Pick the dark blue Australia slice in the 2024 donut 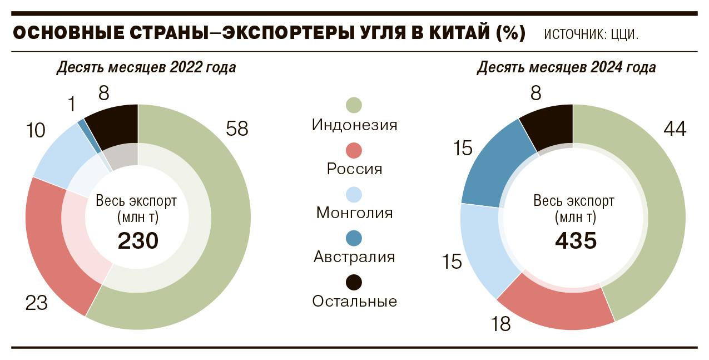pos(489,161)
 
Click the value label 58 pos(237,129)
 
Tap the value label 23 pos(37,303)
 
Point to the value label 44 pos(675,129)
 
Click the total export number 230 pos(138,241)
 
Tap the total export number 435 pos(576,241)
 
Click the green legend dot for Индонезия pos(354,105)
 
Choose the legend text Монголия pos(354,213)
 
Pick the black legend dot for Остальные pos(354,282)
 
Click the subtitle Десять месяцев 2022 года pos(146,68)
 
